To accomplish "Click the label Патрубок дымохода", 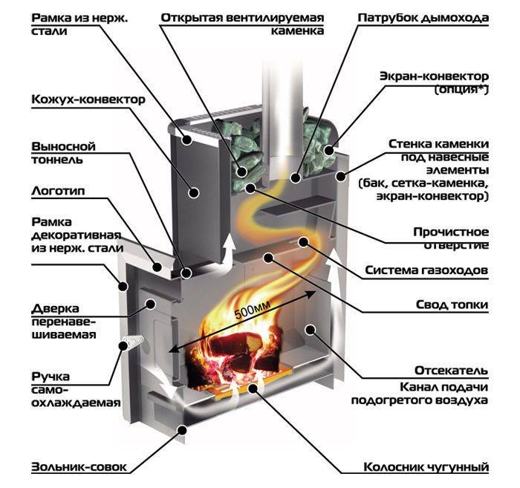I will click(423, 16).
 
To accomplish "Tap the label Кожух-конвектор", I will click(88, 100).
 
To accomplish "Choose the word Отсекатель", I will click(452, 370).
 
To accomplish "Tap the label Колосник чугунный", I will click(426, 467).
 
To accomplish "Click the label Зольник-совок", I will click(79, 467).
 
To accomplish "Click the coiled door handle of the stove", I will click(133, 345).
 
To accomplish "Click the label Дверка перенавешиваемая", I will click(65, 321).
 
